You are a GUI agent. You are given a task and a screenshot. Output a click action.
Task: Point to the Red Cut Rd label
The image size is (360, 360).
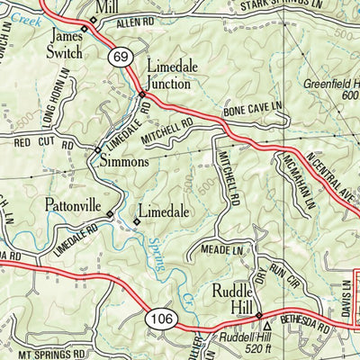34,142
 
